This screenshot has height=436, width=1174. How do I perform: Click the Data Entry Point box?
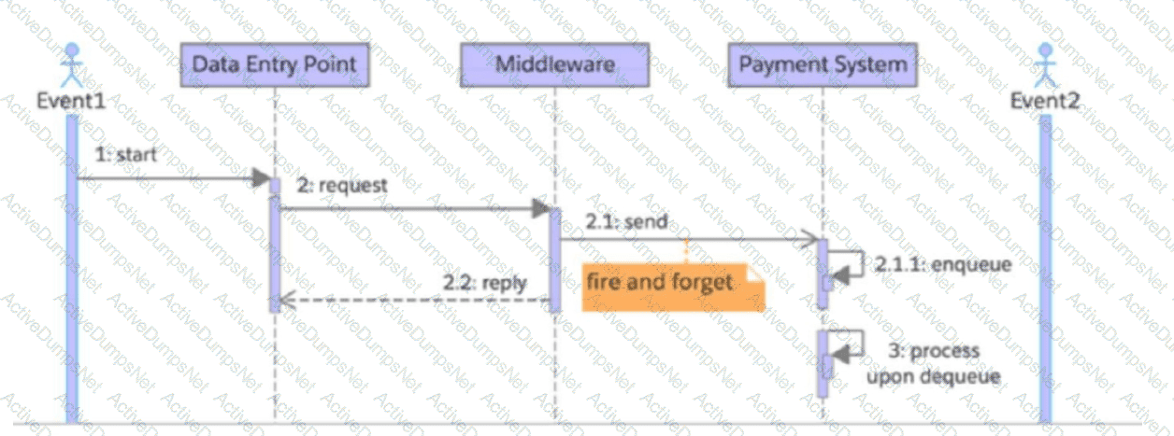[274, 65]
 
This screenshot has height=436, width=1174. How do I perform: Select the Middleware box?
[554, 65]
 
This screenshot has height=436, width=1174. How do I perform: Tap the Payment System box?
[823, 65]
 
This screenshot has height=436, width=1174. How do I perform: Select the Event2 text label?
[1045, 98]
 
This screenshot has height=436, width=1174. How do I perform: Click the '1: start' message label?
[125, 154]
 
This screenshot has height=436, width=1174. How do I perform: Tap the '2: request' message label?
[342, 185]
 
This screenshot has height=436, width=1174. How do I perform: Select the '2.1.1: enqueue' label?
[943, 264]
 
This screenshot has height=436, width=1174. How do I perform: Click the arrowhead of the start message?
[260, 177]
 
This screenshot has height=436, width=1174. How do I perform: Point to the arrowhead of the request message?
[540, 209]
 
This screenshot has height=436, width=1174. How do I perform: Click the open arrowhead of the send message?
[811, 241]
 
